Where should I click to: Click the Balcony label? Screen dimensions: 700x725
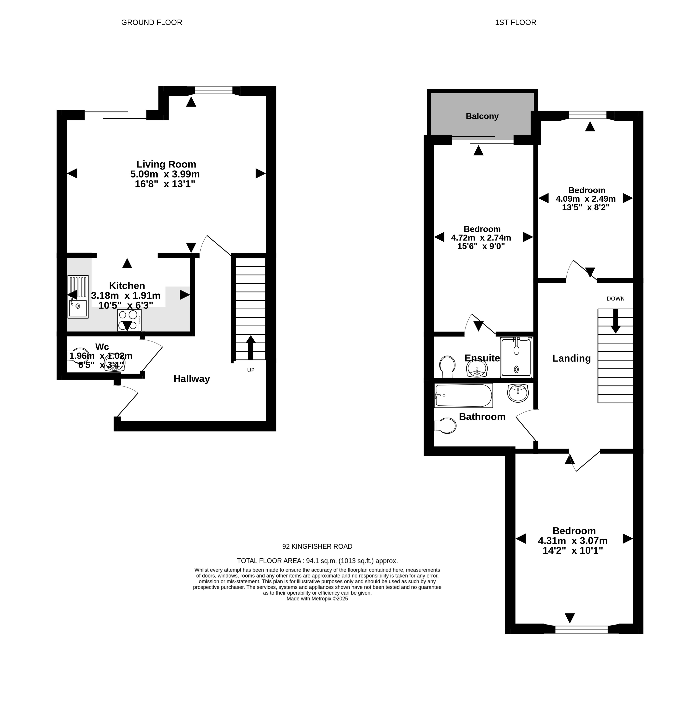point(482,116)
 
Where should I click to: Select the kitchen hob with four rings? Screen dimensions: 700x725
point(129,320)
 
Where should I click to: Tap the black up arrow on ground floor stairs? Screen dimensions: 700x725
point(250,347)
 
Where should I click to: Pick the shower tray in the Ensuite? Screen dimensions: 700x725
point(516,357)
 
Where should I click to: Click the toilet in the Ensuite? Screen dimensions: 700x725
point(447,366)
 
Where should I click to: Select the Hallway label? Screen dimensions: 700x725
point(192,379)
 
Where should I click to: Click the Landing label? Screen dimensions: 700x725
point(571,358)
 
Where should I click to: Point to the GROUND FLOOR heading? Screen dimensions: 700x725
point(152,22)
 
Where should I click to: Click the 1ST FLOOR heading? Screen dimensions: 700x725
point(515,22)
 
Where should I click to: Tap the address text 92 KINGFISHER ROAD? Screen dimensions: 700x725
point(317,546)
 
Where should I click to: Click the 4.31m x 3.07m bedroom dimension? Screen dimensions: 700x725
point(573,541)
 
